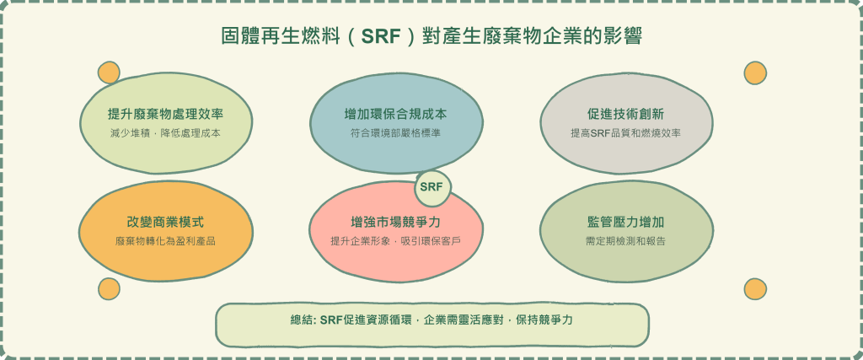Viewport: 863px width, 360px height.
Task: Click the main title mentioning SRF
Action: [431, 37]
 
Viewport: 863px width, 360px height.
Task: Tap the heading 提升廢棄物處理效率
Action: [166, 115]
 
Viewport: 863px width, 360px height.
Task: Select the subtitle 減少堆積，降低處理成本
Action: [166, 133]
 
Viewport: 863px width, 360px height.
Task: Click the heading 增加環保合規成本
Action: [396, 115]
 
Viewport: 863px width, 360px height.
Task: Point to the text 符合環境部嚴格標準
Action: [396, 133]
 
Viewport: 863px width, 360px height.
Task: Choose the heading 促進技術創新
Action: [626, 115]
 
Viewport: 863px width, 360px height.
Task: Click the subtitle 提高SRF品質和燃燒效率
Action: [626, 133]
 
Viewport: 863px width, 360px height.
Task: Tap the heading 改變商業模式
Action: [166, 223]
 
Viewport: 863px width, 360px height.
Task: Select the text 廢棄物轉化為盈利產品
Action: [166, 241]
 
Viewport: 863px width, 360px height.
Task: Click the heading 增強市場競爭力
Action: [396, 223]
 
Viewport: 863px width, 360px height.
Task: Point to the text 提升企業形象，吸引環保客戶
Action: [396, 241]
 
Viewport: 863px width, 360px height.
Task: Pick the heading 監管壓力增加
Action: [626, 223]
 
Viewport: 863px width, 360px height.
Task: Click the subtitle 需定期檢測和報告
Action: [626, 241]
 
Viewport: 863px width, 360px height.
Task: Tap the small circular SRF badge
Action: [432, 187]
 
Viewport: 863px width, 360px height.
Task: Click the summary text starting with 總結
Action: [431, 320]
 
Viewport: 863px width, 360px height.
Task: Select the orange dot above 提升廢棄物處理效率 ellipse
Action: [109, 73]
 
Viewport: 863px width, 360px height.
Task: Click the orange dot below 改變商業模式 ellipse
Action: [109, 289]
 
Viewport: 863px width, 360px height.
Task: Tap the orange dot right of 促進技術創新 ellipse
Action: [755, 73]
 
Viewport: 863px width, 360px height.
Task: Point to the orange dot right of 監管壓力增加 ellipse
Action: [755, 289]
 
